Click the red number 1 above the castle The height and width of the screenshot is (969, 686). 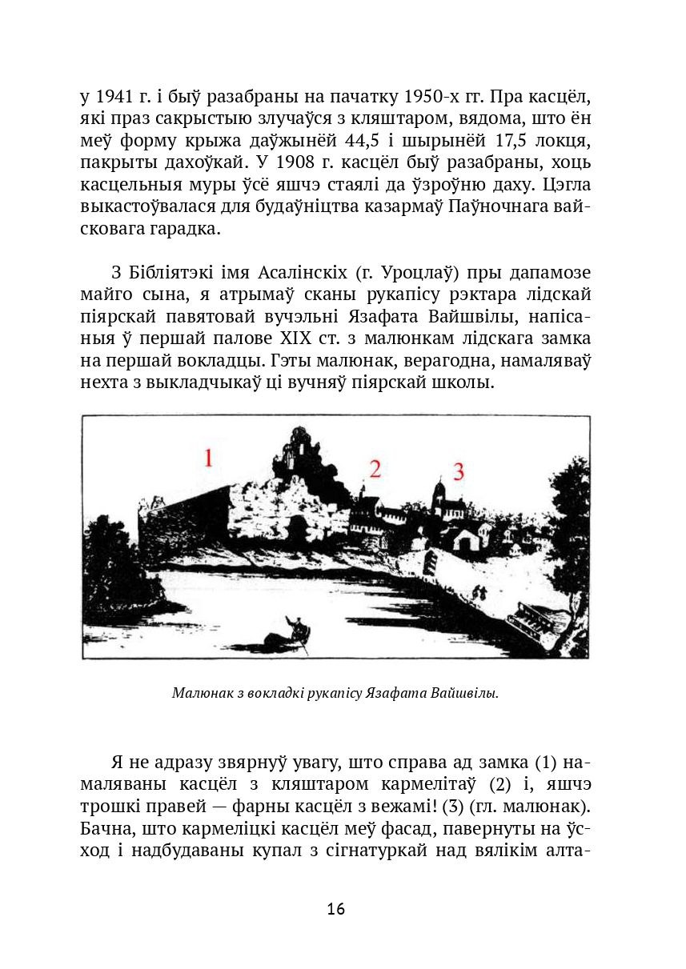(x=208, y=458)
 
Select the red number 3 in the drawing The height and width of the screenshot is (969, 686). (x=459, y=471)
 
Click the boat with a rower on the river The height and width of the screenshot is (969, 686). (x=290, y=634)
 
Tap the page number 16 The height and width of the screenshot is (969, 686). (x=336, y=910)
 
